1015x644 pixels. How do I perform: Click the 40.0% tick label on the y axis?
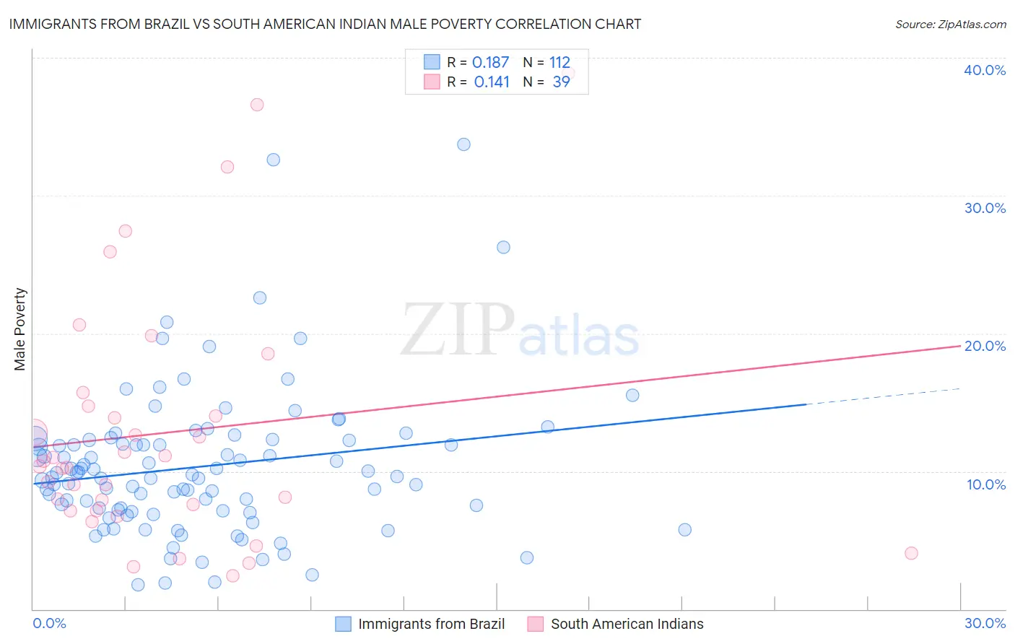coord(984,70)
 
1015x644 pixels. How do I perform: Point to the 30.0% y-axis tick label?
coord(984,208)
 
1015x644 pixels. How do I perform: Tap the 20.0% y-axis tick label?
coord(984,346)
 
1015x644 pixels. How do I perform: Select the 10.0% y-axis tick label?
coord(985,484)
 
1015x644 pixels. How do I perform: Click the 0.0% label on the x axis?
coord(49,623)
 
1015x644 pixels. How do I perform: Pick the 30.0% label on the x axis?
coord(985,623)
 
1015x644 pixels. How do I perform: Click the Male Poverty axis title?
coord(20,329)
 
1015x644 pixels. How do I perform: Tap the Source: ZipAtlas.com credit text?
coord(950,24)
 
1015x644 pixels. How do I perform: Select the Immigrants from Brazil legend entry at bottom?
coord(420,624)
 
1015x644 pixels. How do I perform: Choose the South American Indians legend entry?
coord(616,624)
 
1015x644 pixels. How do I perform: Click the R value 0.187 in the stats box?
coord(490,62)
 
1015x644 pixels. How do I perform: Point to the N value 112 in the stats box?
coord(559,62)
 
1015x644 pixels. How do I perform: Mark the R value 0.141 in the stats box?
coord(492,82)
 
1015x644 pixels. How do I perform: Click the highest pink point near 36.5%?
coord(257,105)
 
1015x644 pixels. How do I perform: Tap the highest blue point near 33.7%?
coord(463,144)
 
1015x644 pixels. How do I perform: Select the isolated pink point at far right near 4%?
coord(911,553)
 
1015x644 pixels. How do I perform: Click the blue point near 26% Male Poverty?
coord(503,247)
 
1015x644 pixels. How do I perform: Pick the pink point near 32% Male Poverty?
coord(227,167)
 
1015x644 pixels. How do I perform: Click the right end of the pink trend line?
coord(959,347)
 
